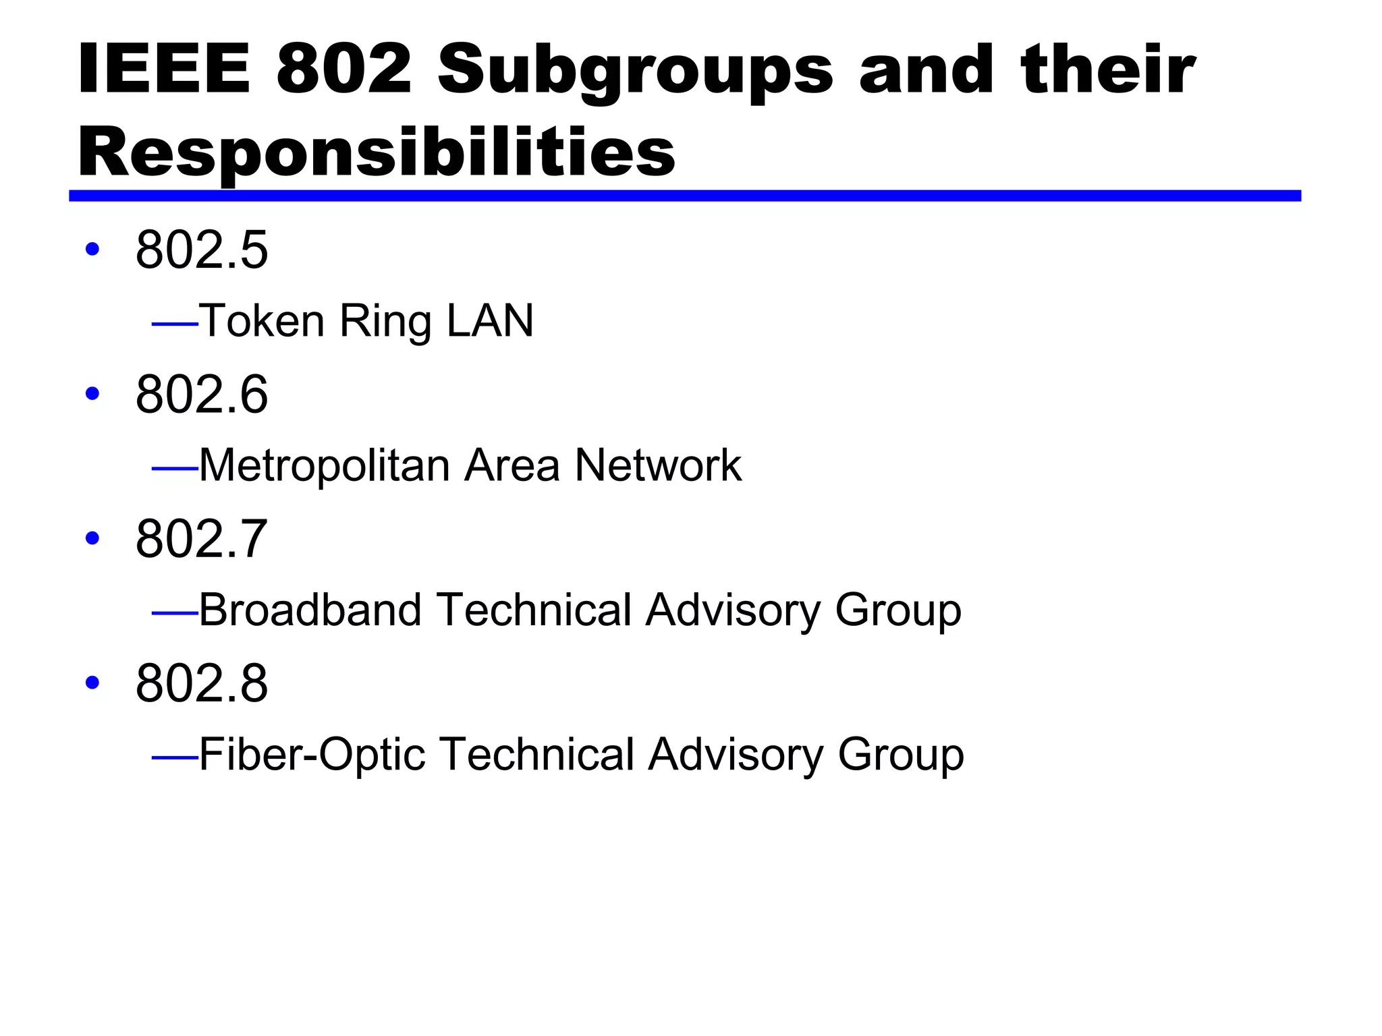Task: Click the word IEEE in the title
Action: point(164,69)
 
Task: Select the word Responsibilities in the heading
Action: point(377,152)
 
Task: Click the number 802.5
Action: point(202,250)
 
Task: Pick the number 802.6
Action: point(202,394)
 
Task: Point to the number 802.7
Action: point(202,538)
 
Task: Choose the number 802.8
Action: point(202,683)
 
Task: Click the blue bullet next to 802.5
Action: point(92,249)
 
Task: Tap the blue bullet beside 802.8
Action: point(92,682)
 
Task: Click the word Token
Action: point(262,320)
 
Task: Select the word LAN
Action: point(490,320)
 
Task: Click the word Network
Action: point(658,465)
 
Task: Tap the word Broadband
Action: point(310,610)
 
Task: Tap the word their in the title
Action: point(1108,69)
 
